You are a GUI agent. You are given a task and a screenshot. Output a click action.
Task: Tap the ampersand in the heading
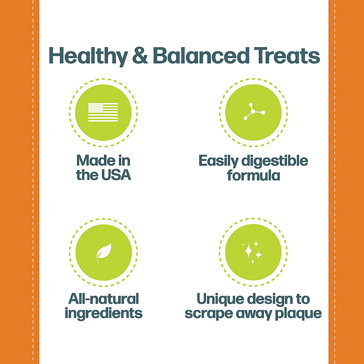(x=140, y=56)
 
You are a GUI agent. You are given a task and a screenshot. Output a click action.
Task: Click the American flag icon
(x=103, y=112)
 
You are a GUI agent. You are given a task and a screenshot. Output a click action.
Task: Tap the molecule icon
(x=254, y=112)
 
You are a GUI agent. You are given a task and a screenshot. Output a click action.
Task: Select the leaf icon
(x=104, y=253)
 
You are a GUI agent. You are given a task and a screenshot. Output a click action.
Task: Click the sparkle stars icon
(x=252, y=252)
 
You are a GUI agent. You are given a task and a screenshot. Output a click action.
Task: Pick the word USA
(x=116, y=175)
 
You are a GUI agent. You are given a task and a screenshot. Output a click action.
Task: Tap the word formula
(x=253, y=175)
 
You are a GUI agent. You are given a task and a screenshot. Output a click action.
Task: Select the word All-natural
(x=103, y=299)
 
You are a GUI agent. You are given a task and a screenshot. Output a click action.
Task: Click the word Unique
(x=216, y=299)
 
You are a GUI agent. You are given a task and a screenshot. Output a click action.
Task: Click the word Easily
(x=218, y=161)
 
